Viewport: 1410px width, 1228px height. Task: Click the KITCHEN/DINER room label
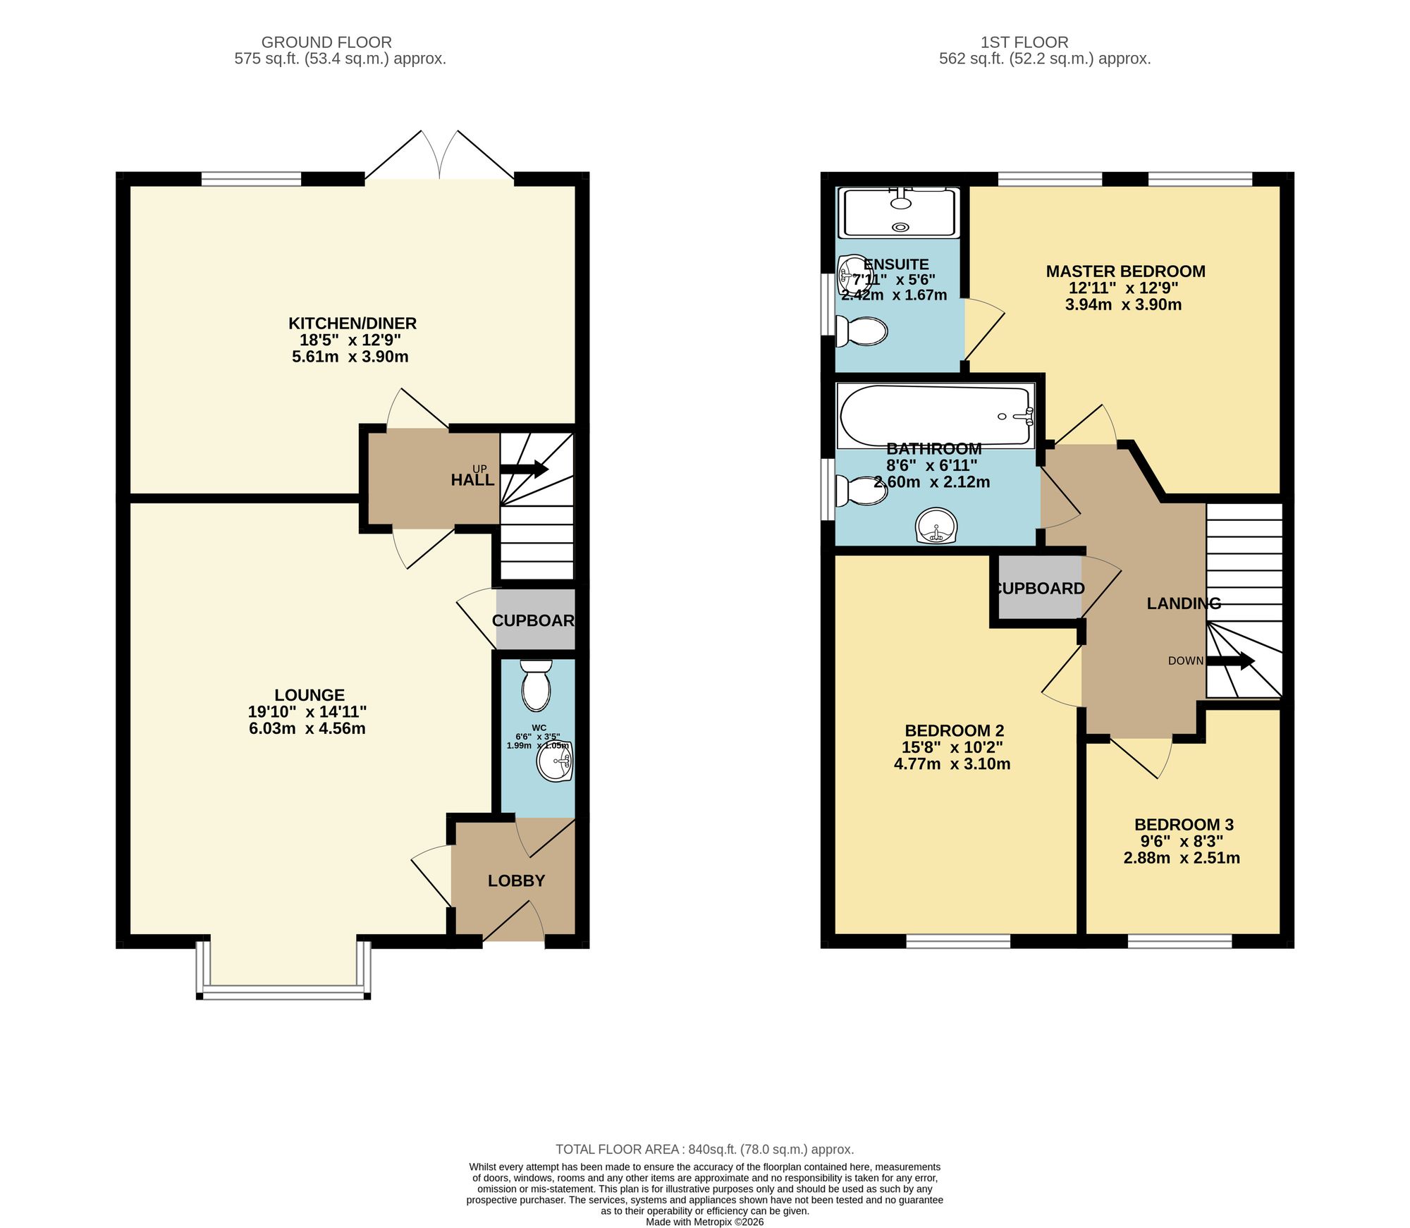pyautogui.click(x=352, y=324)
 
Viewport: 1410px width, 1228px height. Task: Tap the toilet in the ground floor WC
pyautogui.click(x=537, y=686)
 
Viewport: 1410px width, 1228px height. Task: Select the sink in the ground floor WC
pyautogui.click(x=555, y=761)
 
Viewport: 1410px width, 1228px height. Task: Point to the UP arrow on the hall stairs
pyautogui.click(x=525, y=469)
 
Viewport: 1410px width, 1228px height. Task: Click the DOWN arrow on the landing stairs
pyautogui.click(x=1230, y=661)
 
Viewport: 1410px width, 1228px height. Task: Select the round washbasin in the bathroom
pyautogui.click(x=937, y=526)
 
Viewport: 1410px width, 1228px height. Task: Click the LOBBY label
pyautogui.click(x=516, y=880)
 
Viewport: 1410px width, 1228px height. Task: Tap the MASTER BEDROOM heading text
pyautogui.click(x=1125, y=271)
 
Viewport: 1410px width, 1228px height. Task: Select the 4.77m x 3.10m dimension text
pyautogui.click(x=952, y=764)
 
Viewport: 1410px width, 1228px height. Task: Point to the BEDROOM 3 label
pyautogui.click(x=1184, y=824)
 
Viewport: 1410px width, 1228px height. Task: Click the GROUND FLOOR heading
pyautogui.click(x=326, y=42)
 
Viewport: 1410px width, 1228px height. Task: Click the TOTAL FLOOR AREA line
pyautogui.click(x=704, y=1149)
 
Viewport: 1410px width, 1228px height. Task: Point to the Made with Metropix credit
pyautogui.click(x=704, y=1222)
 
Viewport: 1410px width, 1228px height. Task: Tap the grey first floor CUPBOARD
pyautogui.click(x=1039, y=589)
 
